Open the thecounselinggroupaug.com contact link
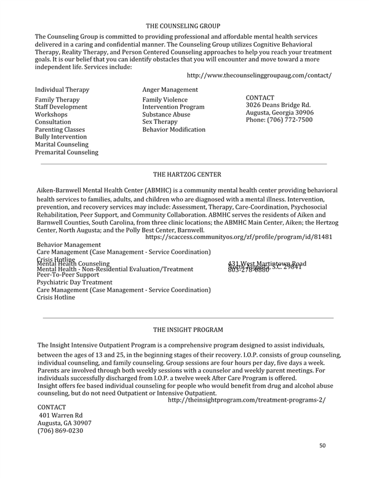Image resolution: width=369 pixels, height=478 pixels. pyautogui.click(x=259, y=75)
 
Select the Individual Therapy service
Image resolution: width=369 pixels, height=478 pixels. pyautogui.click(x=62, y=90)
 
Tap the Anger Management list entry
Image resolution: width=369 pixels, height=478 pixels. pyautogui.click(x=170, y=90)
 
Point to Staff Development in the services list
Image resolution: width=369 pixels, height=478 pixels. pyautogui.click(x=61, y=107)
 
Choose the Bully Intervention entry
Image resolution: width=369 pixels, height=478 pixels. pyautogui.click(x=61, y=137)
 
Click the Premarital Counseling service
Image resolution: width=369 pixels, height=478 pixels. pyautogui.click(x=66, y=152)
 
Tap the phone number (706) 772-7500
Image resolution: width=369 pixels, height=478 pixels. pyautogui.click(x=279, y=120)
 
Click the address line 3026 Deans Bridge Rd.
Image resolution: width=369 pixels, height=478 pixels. pyautogui.click(x=278, y=105)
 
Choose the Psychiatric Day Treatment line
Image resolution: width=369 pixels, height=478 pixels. pyautogui.click(x=74, y=282)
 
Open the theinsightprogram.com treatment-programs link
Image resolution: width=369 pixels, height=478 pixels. pyautogui.click(x=247, y=400)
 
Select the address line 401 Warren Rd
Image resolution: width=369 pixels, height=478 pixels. pyautogui.click(x=61, y=416)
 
